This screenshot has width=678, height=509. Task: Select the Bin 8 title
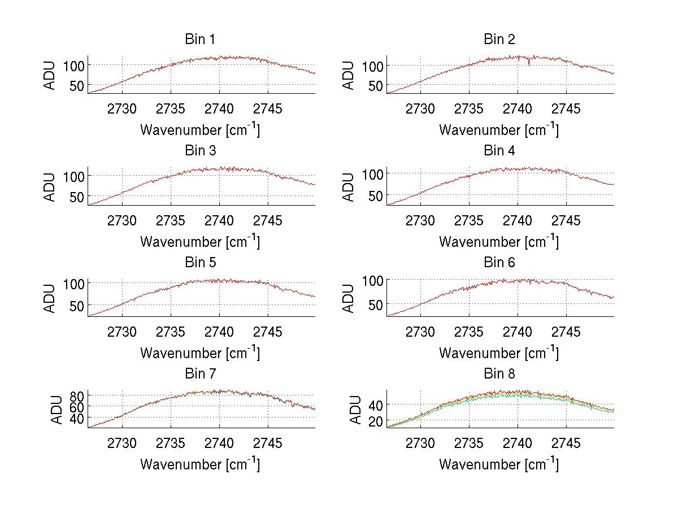(x=499, y=374)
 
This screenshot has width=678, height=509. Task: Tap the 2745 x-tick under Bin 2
(x=566, y=108)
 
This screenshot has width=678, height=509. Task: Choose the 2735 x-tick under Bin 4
(x=469, y=220)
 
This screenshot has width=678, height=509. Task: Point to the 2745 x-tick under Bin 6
(x=566, y=332)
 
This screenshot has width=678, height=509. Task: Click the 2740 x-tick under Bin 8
(x=518, y=443)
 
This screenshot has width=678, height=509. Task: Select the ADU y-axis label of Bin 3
(x=50, y=186)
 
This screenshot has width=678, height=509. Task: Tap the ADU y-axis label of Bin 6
(x=349, y=298)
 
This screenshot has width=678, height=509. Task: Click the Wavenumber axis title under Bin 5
(x=200, y=353)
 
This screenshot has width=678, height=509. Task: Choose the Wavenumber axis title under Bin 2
(x=499, y=130)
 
